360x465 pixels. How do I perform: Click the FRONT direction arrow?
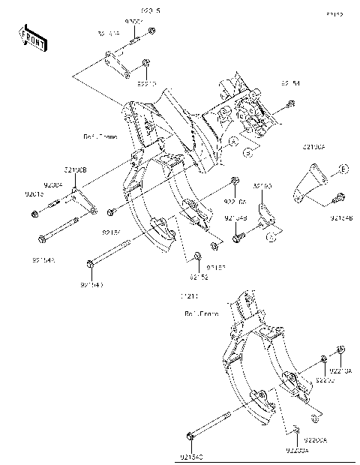pyautogui.click(x=33, y=37)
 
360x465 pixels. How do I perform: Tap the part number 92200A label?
pyautogui.click(x=295, y=451)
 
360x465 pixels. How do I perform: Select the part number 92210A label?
pyautogui.click(x=341, y=370)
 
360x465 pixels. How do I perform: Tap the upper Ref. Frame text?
pyautogui.click(x=98, y=137)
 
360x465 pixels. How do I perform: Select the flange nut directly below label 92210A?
pyautogui.click(x=340, y=350)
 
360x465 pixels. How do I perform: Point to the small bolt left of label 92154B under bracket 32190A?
pyautogui.click(x=337, y=198)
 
